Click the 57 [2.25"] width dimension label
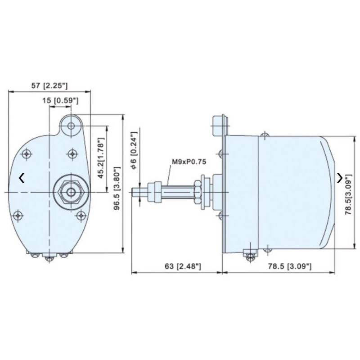pyautogui.click(x=49, y=85)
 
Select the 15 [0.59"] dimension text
pyautogui.click(x=61, y=101)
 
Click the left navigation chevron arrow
pyautogui.click(x=22, y=178)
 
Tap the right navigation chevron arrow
pyautogui.click(x=340, y=178)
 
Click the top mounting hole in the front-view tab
pyautogui.click(x=71, y=126)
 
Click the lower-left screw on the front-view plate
pyautogui.click(x=18, y=215)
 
